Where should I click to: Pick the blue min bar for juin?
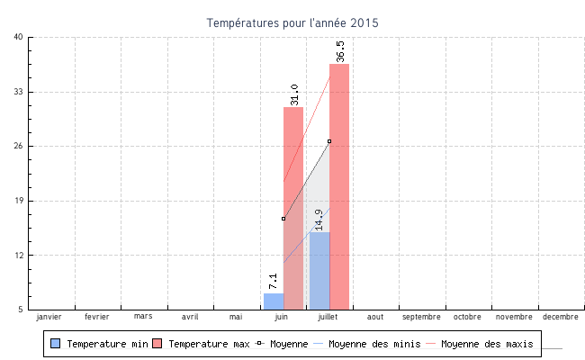click(274, 301)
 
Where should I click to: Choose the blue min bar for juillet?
click(319, 270)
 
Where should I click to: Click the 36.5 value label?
click(340, 51)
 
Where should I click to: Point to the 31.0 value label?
click(294, 94)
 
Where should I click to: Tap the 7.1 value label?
click(274, 281)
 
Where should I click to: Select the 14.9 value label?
click(319, 220)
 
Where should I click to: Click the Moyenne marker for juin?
click(283, 219)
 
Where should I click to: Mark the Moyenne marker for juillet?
click(329, 141)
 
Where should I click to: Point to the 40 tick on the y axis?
click(19, 37)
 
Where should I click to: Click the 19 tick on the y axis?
click(19, 201)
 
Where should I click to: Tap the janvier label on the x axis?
click(49, 317)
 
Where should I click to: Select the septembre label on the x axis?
click(421, 317)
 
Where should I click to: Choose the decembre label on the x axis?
click(561, 317)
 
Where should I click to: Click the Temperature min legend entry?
click(98, 344)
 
